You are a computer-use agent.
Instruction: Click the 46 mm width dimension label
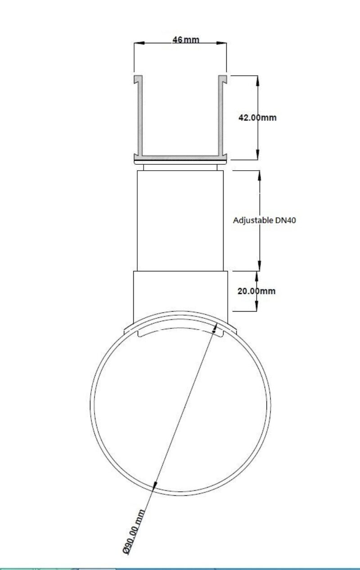186,40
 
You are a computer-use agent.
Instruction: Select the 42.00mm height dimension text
257,118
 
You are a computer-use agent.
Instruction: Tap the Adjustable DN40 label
264,220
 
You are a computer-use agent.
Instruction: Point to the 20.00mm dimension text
256,291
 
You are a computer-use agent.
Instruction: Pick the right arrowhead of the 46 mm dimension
221,43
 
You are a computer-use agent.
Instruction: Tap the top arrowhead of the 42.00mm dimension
257,81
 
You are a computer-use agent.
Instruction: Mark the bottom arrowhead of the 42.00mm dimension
257,154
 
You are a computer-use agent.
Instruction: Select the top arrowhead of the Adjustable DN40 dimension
259,176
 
